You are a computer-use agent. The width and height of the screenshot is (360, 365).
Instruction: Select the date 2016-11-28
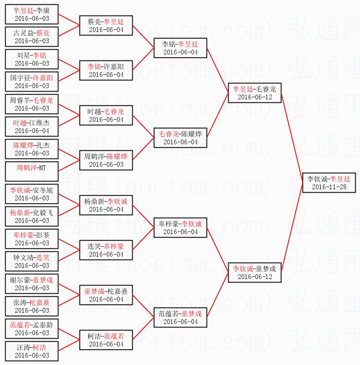328,187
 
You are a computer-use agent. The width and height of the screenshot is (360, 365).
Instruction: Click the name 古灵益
23,33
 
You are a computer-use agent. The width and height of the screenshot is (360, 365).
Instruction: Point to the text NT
42,168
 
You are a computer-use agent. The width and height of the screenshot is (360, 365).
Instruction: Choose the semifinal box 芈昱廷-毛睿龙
255,92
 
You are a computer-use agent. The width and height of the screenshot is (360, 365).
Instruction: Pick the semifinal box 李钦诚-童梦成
255,272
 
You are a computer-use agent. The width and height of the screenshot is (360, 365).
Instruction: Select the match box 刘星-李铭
32,59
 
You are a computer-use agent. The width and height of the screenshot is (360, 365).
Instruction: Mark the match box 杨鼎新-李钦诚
106,205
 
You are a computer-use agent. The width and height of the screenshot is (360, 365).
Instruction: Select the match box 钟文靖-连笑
32,261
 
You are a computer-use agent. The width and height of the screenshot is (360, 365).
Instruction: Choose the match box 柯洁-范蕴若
106,340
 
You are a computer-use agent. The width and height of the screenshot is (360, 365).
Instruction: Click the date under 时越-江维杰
32,131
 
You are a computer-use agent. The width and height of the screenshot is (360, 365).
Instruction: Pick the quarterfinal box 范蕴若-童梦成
180,317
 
